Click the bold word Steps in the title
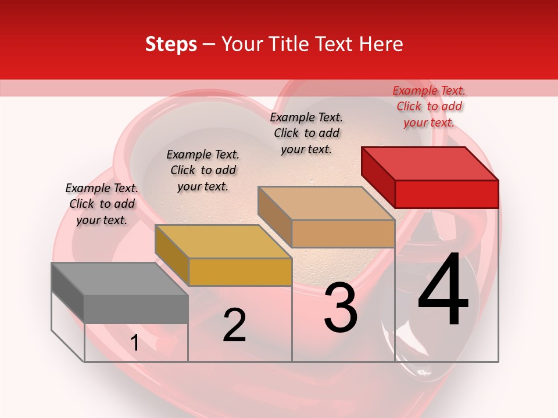(171, 44)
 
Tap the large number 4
(443, 290)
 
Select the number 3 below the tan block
(341, 308)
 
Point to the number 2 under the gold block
(234, 325)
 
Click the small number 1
(134, 343)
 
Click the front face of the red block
(446, 194)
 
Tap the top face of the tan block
(326, 203)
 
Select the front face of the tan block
(343, 233)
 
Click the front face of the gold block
(239, 272)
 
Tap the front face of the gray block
(136, 309)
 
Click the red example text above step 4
(429, 106)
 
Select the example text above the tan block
(306, 133)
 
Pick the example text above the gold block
(203, 170)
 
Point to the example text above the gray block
(102, 204)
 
